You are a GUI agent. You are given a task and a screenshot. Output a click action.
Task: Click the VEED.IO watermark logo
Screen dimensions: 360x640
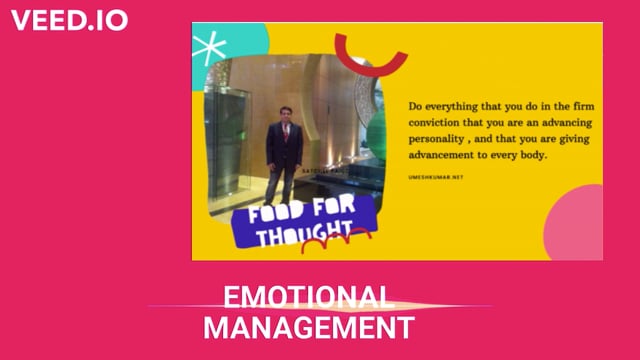click(69, 20)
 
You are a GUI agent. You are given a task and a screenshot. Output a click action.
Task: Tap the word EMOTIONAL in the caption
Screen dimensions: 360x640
click(305, 296)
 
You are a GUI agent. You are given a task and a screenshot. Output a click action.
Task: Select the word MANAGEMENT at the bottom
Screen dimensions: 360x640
click(308, 327)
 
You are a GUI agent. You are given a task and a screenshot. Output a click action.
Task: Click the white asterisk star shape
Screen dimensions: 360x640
click(209, 45)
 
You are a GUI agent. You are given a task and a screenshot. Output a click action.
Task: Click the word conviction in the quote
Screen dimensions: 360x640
click(439, 121)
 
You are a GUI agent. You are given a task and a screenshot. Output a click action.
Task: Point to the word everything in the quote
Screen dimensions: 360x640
click(454, 103)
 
